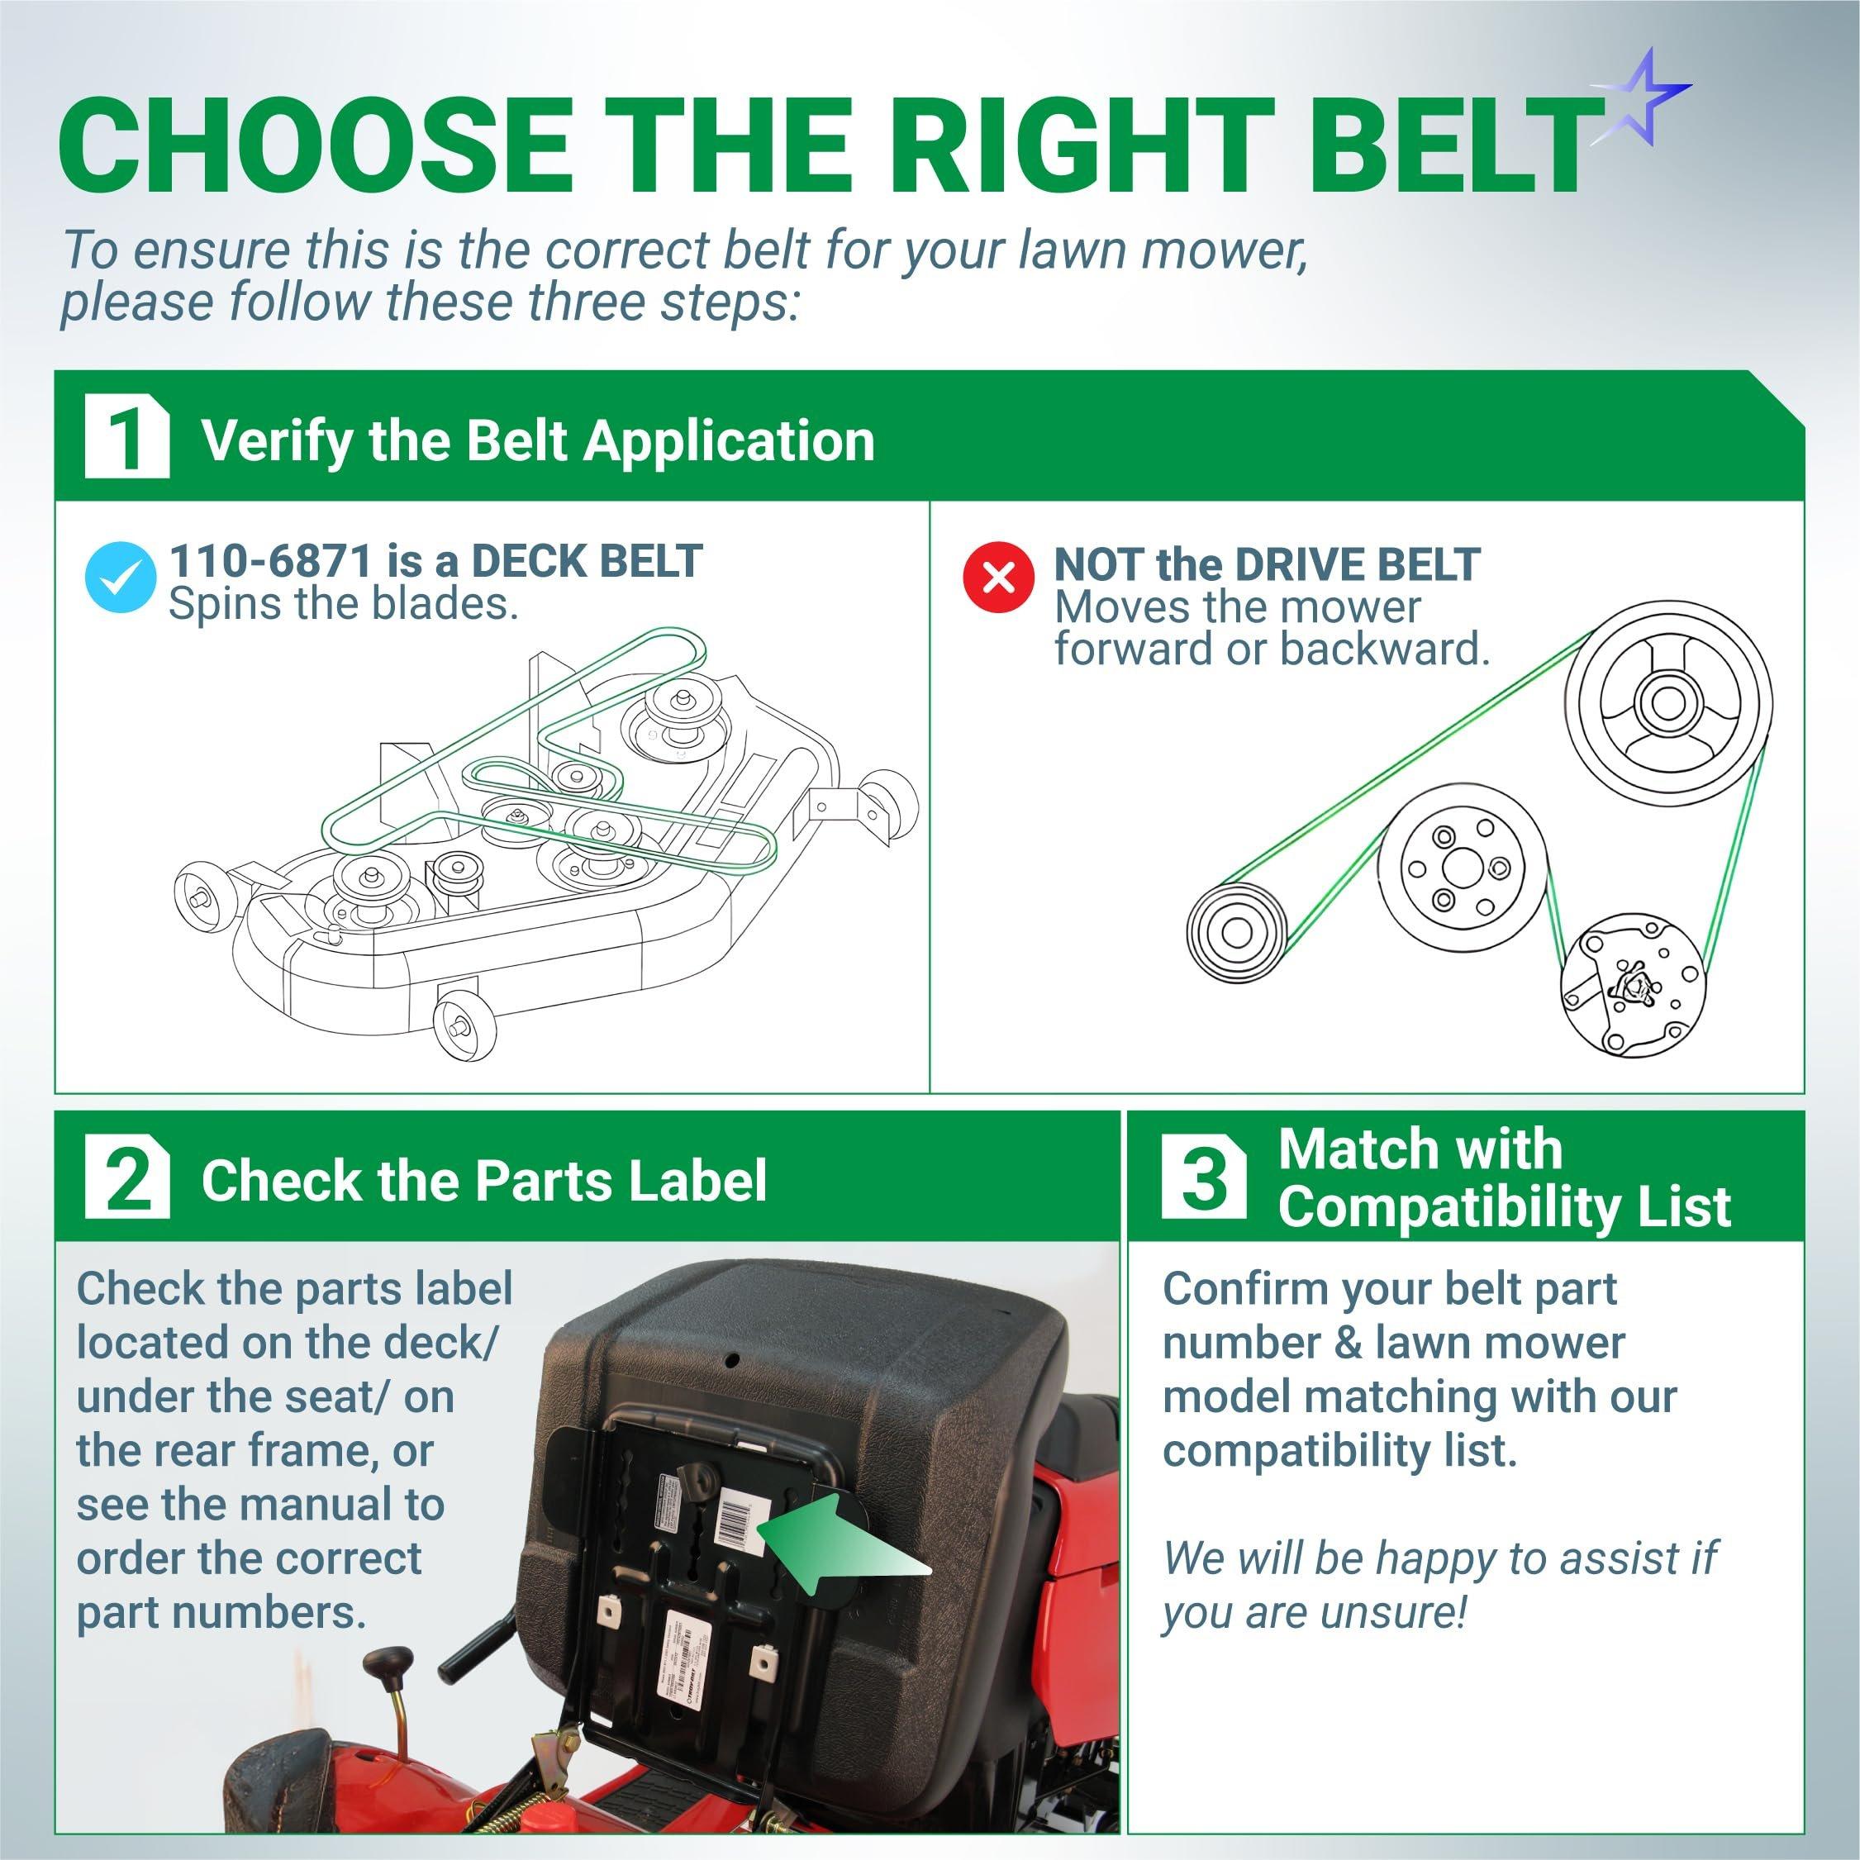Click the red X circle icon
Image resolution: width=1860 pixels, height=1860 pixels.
click(999, 578)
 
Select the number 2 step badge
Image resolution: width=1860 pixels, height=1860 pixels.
click(127, 1177)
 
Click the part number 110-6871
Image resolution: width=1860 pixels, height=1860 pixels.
click(270, 560)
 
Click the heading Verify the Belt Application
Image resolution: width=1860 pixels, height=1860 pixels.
click(537, 441)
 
